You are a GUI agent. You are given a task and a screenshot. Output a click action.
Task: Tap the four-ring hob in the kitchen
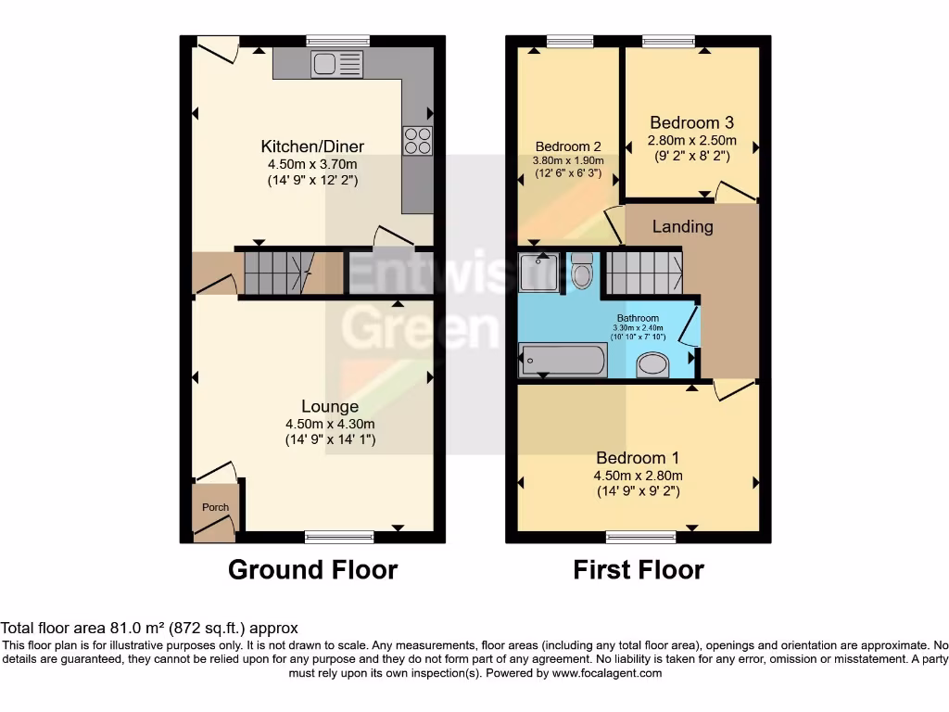(417, 140)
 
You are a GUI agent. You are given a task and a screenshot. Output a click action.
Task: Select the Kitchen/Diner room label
(312, 146)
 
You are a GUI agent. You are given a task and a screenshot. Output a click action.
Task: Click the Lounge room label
(330, 406)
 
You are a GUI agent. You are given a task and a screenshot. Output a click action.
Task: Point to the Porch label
(215, 507)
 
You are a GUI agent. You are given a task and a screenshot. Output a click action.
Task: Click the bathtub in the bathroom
(563, 360)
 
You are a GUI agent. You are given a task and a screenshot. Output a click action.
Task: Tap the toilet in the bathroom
(582, 272)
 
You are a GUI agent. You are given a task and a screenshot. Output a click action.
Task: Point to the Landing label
(683, 226)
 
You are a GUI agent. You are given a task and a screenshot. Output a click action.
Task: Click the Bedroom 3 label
(692, 122)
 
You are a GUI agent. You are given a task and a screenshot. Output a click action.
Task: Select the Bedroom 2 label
(568, 146)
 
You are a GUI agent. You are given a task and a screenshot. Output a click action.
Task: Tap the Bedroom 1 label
(638, 458)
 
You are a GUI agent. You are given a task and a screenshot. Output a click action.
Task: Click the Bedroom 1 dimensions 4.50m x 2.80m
(638, 476)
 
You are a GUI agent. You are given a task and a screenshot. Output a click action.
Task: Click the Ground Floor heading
(312, 569)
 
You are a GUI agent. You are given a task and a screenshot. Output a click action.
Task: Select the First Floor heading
(639, 569)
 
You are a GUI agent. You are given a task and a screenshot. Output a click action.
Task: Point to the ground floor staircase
(272, 273)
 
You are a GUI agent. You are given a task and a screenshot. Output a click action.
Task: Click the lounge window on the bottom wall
(339, 537)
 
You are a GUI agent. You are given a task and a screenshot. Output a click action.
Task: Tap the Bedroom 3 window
(668, 41)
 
